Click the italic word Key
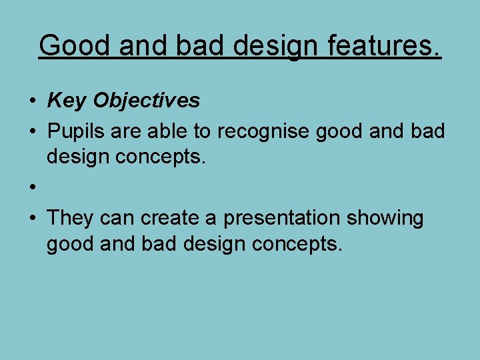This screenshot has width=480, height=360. [67, 101]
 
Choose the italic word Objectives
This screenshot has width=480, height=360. [147, 101]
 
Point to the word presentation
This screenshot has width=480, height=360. [288, 219]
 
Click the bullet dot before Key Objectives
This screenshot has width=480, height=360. [32, 101]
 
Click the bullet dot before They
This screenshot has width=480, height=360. [32, 219]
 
